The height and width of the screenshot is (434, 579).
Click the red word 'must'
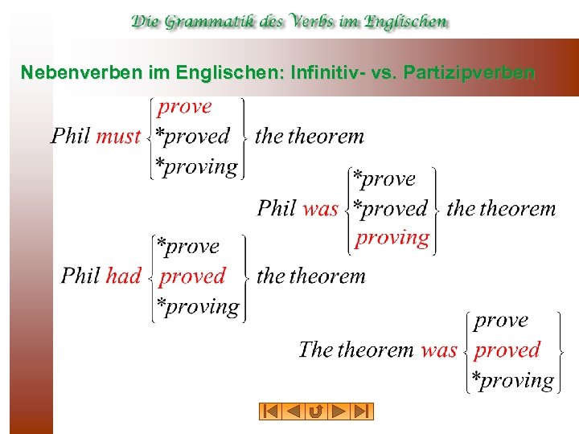118,137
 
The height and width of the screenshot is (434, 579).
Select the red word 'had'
123,276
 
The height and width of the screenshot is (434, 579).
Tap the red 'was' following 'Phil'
320,209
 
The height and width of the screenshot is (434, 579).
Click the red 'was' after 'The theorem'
439,350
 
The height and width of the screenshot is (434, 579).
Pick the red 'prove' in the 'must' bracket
184,107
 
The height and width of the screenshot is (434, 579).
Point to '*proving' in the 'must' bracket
196,167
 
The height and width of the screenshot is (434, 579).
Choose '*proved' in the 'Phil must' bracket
192,137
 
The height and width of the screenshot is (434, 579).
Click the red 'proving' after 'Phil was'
392,238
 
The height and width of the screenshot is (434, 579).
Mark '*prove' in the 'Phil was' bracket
384,179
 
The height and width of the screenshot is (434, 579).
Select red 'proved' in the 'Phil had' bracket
192,276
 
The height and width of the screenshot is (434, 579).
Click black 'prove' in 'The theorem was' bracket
501,321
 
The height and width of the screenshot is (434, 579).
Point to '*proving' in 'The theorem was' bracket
512,381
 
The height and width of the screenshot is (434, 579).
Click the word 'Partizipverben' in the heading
470,73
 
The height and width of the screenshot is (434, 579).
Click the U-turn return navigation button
316,411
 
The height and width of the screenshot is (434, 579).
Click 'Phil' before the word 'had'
80,276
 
